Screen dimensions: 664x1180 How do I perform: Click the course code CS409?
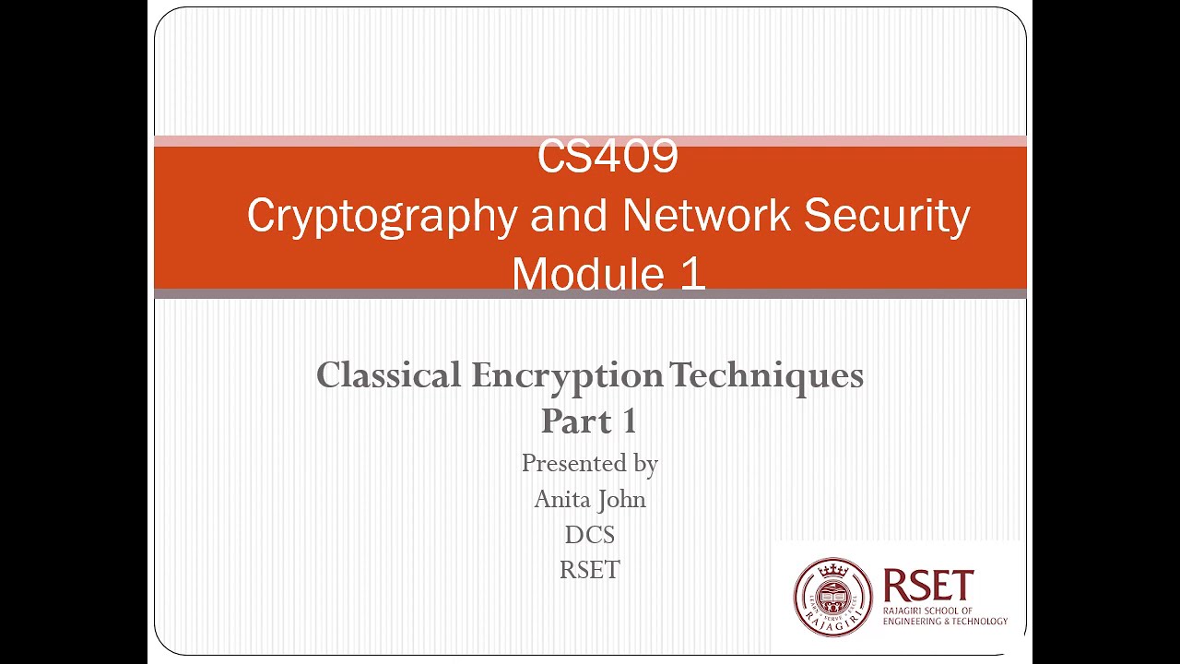(x=608, y=157)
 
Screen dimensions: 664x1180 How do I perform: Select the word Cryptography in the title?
(x=382, y=216)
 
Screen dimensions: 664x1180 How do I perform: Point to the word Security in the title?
(x=887, y=216)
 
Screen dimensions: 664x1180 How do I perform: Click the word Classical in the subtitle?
(x=388, y=375)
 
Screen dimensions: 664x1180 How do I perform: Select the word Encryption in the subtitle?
(x=567, y=375)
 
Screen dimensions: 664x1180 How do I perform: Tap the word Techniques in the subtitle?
(x=766, y=375)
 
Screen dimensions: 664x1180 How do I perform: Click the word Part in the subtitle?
(x=576, y=421)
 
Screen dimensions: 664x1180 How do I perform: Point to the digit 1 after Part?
(x=629, y=421)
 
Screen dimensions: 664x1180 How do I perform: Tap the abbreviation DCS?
(x=590, y=535)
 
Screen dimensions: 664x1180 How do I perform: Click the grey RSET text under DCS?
(x=590, y=570)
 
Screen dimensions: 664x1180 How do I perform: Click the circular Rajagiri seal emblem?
(x=832, y=597)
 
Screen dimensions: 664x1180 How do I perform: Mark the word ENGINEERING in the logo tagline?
(x=912, y=622)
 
